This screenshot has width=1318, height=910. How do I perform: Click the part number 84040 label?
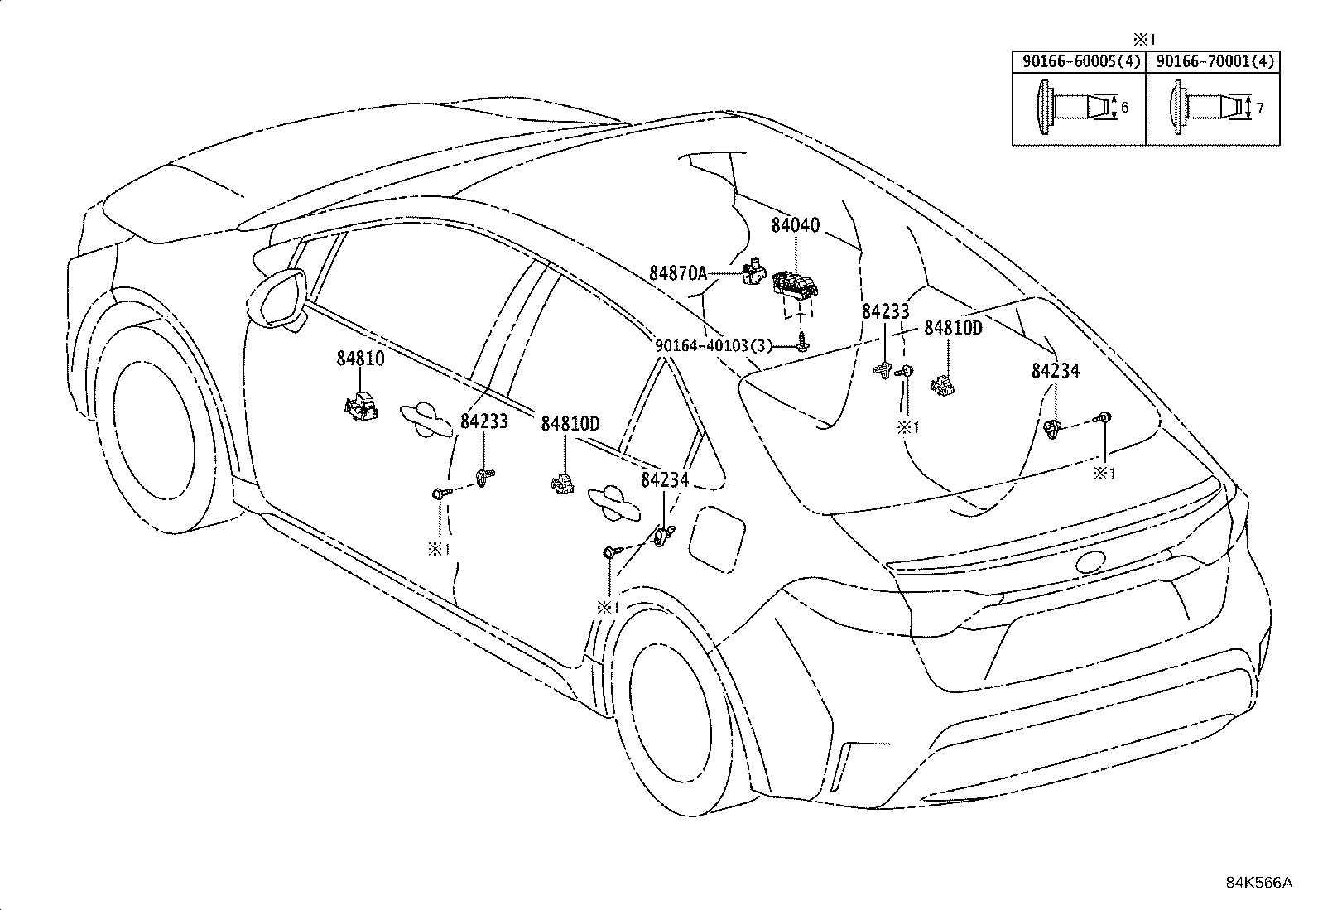795,225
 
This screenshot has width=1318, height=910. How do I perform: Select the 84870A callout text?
677,272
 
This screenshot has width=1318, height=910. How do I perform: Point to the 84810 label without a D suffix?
360,359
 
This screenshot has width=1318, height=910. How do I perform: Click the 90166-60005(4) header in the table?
1079,61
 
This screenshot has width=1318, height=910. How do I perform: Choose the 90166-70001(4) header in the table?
1211,61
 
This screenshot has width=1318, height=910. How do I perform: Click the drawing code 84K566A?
1258,883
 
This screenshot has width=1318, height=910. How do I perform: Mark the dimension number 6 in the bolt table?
1124,107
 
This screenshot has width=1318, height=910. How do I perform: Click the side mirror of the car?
279,297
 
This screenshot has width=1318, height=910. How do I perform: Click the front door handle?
429,418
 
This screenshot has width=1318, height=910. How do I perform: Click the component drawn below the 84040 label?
795,286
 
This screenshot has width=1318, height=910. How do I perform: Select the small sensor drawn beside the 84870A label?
751,272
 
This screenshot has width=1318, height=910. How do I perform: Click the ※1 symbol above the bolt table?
1144,39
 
